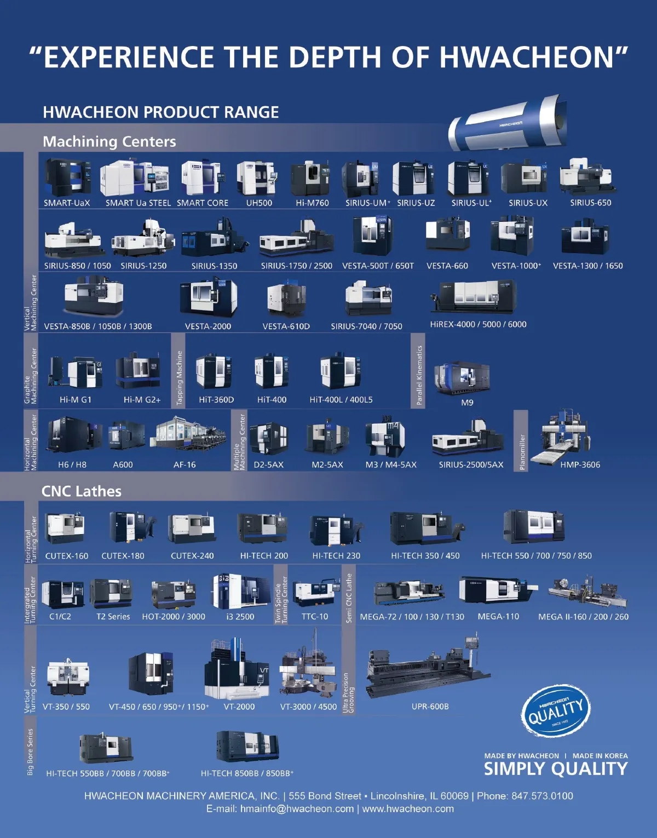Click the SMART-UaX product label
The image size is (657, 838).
(67, 203)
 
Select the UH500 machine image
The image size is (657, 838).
(256, 178)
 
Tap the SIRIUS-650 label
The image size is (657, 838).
(590, 203)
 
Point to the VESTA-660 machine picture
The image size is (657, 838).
(447, 235)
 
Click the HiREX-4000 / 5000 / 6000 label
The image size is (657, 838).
(478, 324)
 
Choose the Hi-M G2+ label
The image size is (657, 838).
(142, 400)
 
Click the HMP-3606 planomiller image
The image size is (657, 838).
(564, 436)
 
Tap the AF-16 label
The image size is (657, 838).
(185, 465)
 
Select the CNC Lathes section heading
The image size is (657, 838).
(82, 491)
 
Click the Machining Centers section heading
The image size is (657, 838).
(109, 142)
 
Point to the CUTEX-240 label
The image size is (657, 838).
(192, 556)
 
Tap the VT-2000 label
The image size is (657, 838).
(239, 707)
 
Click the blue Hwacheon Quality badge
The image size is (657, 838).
(556, 710)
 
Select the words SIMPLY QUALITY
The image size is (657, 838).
(556, 769)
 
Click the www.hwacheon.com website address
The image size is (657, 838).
(408, 809)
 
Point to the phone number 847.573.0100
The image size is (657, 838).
(542, 796)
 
